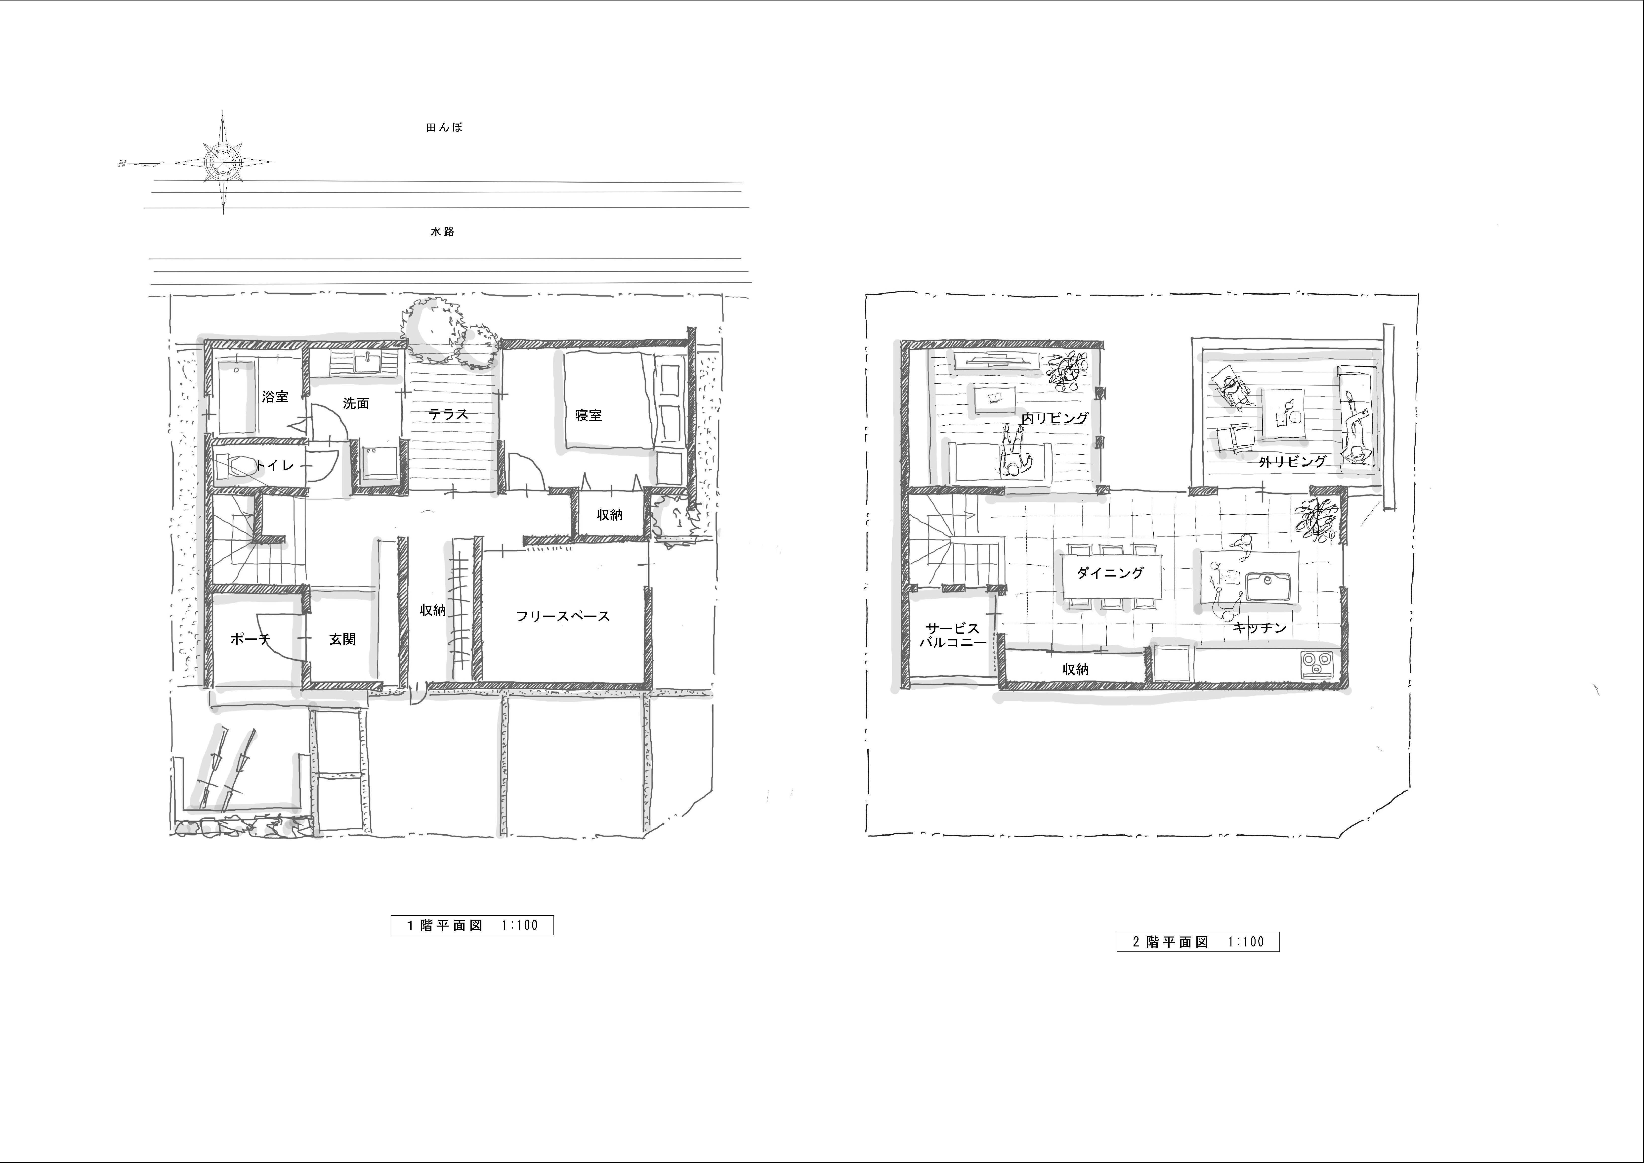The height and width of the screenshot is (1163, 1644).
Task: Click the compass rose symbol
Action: (223, 163)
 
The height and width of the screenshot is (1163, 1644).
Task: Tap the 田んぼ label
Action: (444, 128)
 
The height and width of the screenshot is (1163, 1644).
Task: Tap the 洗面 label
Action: (356, 403)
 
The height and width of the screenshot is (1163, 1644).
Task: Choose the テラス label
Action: (448, 414)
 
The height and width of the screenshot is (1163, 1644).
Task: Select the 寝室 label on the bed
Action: (589, 415)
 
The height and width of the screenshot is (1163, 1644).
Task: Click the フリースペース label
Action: (563, 616)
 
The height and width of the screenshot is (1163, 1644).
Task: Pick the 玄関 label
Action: (342, 639)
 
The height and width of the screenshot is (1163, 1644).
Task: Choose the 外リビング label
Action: (1292, 462)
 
